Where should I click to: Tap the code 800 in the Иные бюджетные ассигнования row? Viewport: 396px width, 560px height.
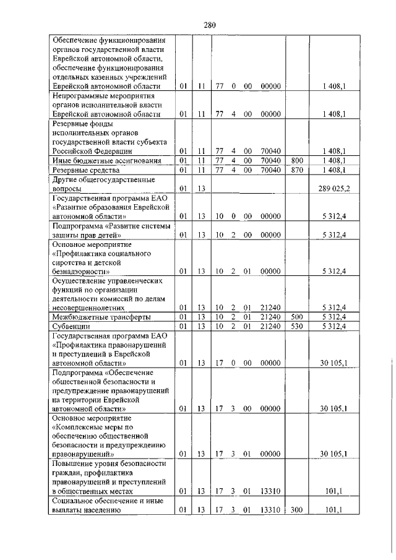point(297,160)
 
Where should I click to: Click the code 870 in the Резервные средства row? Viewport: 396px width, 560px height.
point(297,169)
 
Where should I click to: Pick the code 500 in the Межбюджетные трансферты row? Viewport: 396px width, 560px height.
point(297,317)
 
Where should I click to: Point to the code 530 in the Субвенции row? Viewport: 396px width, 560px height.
point(297,325)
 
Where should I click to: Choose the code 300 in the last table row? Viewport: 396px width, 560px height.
point(297,509)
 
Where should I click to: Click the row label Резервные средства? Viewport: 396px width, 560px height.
point(83,169)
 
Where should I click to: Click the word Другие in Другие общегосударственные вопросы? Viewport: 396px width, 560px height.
point(67,179)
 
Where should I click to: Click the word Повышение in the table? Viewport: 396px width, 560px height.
point(73,463)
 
